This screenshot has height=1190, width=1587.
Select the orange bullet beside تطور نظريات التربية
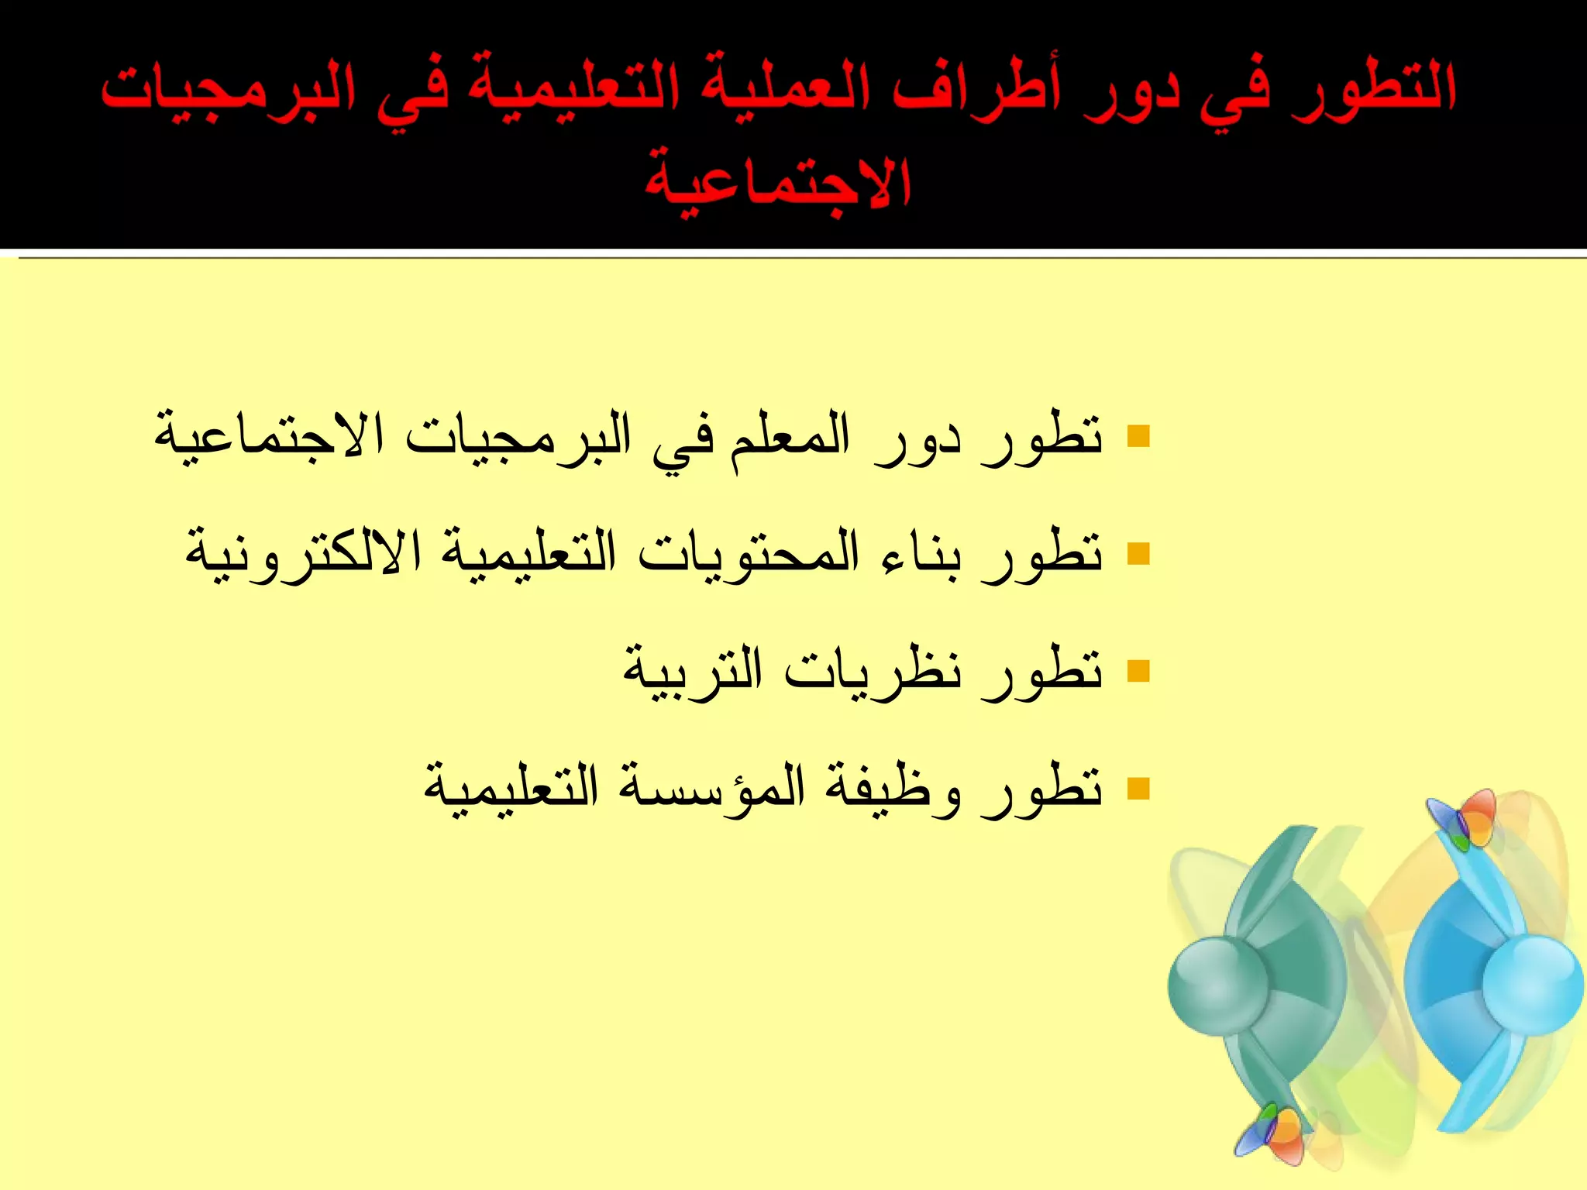(x=1138, y=670)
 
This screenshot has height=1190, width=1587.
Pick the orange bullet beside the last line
(x=1138, y=788)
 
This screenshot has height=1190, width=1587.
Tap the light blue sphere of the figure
(x=1531, y=984)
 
